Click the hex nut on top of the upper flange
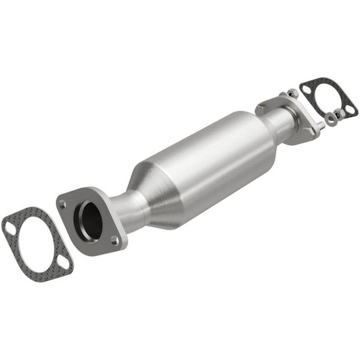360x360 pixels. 292,93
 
